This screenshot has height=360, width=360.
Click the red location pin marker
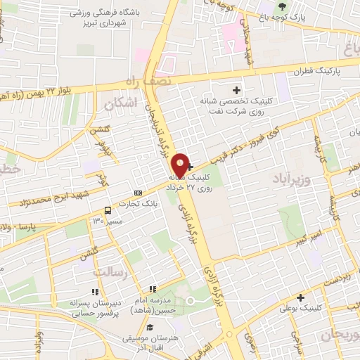(x=181, y=165)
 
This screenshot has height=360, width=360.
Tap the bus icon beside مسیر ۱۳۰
(x=108, y=210)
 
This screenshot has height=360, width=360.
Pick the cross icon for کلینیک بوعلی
(x=300, y=297)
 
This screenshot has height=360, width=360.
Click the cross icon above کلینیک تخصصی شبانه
(x=236, y=89)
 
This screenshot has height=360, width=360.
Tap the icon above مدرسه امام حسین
(x=151, y=289)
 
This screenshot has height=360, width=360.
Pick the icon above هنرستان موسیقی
(x=149, y=326)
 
